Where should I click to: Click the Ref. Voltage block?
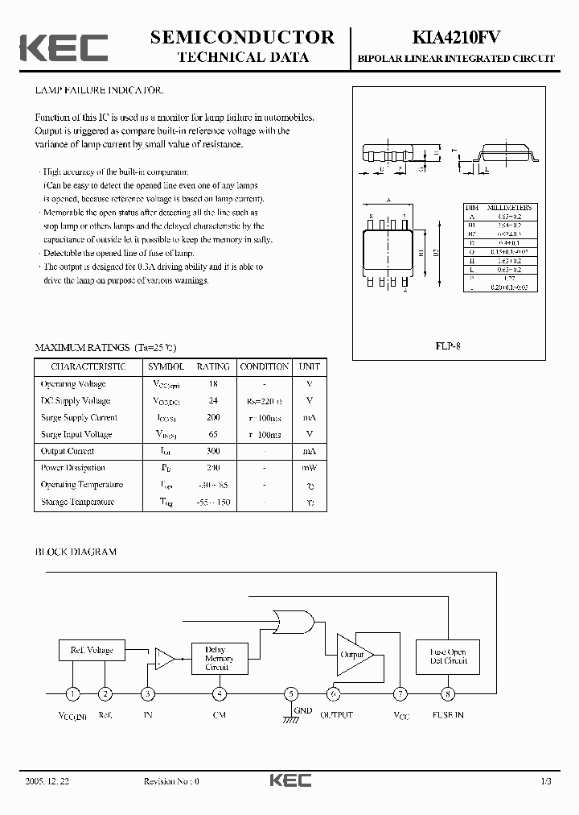pyautogui.click(x=92, y=650)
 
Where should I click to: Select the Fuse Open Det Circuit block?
pyautogui.click(x=447, y=656)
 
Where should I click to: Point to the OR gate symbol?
pyautogui.click(x=294, y=622)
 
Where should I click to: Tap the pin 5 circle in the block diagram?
pyautogui.click(x=291, y=693)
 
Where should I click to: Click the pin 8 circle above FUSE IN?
pyautogui.click(x=447, y=693)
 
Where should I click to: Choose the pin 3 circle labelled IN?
pyautogui.click(x=148, y=693)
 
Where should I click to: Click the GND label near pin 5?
pyautogui.click(x=302, y=710)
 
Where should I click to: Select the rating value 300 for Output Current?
pyautogui.click(x=212, y=451)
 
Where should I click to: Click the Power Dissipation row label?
pyautogui.click(x=73, y=468)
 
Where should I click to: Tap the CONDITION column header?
pyautogui.click(x=265, y=366)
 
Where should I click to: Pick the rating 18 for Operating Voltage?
pyautogui.click(x=212, y=384)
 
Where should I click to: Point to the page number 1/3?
pyautogui.click(x=546, y=780)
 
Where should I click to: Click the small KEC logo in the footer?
pyautogui.click(x=289, y=780)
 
